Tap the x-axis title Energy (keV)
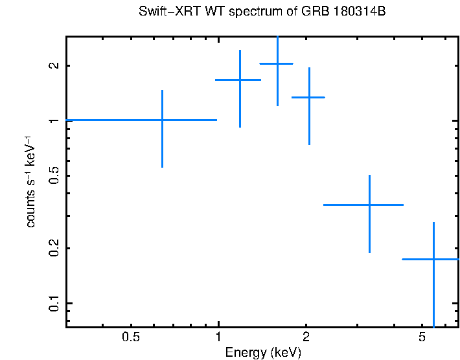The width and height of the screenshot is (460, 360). tap(262, 352)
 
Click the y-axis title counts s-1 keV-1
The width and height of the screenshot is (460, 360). tap(30, 181)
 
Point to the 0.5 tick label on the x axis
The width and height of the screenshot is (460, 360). tap(131, 337)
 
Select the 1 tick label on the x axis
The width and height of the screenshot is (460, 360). tap(218, 337)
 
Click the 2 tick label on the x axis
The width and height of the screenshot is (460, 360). tap(306, 337)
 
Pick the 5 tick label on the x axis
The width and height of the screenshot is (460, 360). tap(422, 337)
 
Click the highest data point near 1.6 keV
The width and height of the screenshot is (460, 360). tap(277, 63)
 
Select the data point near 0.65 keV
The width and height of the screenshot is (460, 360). tap(162, 120)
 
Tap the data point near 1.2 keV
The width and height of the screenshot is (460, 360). tap(240, 80)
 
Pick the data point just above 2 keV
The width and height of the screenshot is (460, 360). tap(309, 97)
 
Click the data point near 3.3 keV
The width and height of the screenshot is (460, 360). tap(369, 205)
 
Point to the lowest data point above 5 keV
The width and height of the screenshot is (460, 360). tap(433, 259)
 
